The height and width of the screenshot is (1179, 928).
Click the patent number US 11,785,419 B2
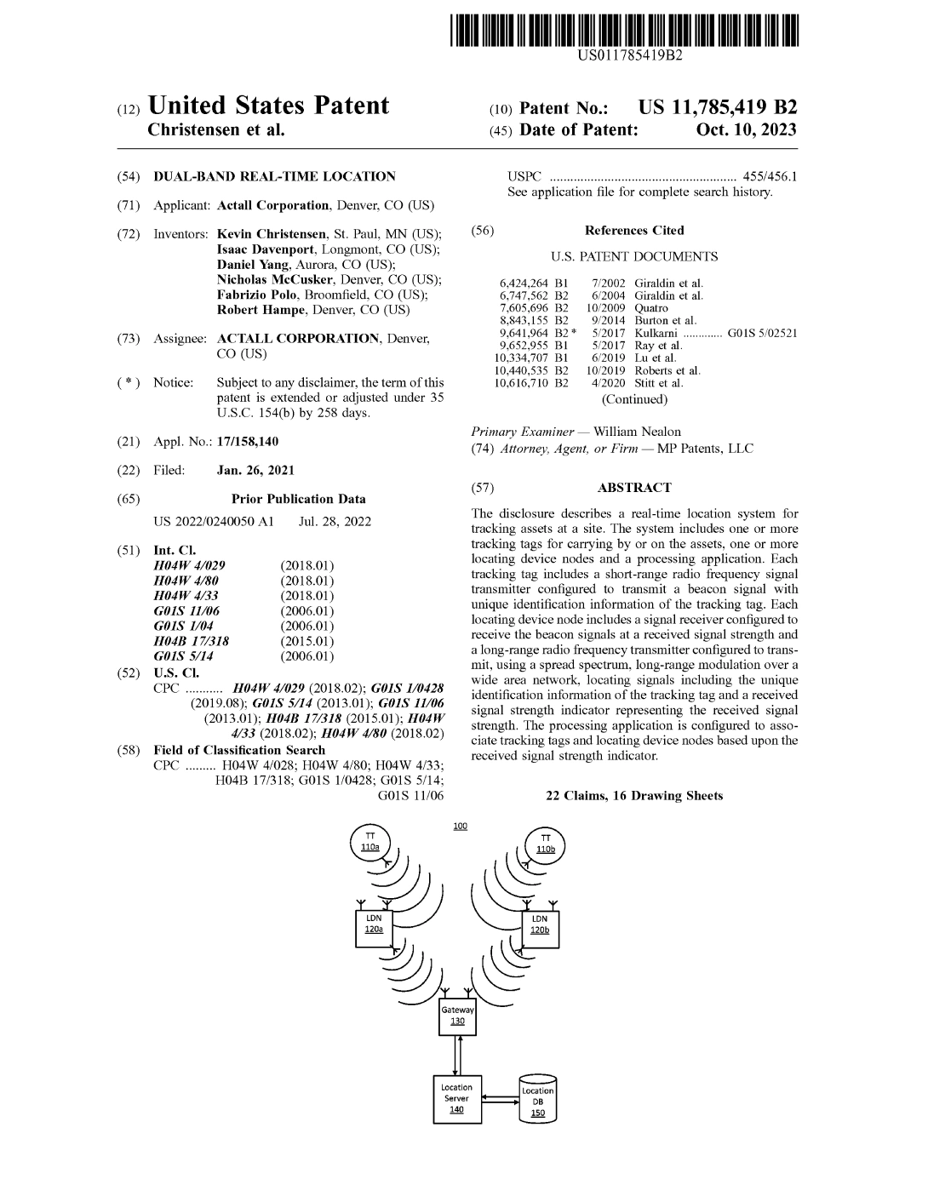click(718, 107)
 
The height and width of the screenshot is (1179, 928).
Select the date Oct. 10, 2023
click(746, 129)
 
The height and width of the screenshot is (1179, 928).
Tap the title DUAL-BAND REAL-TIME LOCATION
click(274, 177)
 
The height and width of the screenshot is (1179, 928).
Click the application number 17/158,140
click(248, 442)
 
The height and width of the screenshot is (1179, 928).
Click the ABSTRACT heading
click(634, 488)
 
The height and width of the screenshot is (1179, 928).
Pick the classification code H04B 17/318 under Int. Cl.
click(191, 641)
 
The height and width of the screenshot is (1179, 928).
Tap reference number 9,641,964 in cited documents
click(524, 333)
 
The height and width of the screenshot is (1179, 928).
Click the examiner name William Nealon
click(637, 432)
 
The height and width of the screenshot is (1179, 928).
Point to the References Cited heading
click(634, 231)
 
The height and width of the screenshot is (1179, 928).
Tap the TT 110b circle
click(546, 844)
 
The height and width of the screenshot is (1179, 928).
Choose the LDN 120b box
click(540, 925)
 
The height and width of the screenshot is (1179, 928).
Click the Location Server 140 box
click(456, 1099)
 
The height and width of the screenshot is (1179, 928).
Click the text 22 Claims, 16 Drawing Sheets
click(634, 796)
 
